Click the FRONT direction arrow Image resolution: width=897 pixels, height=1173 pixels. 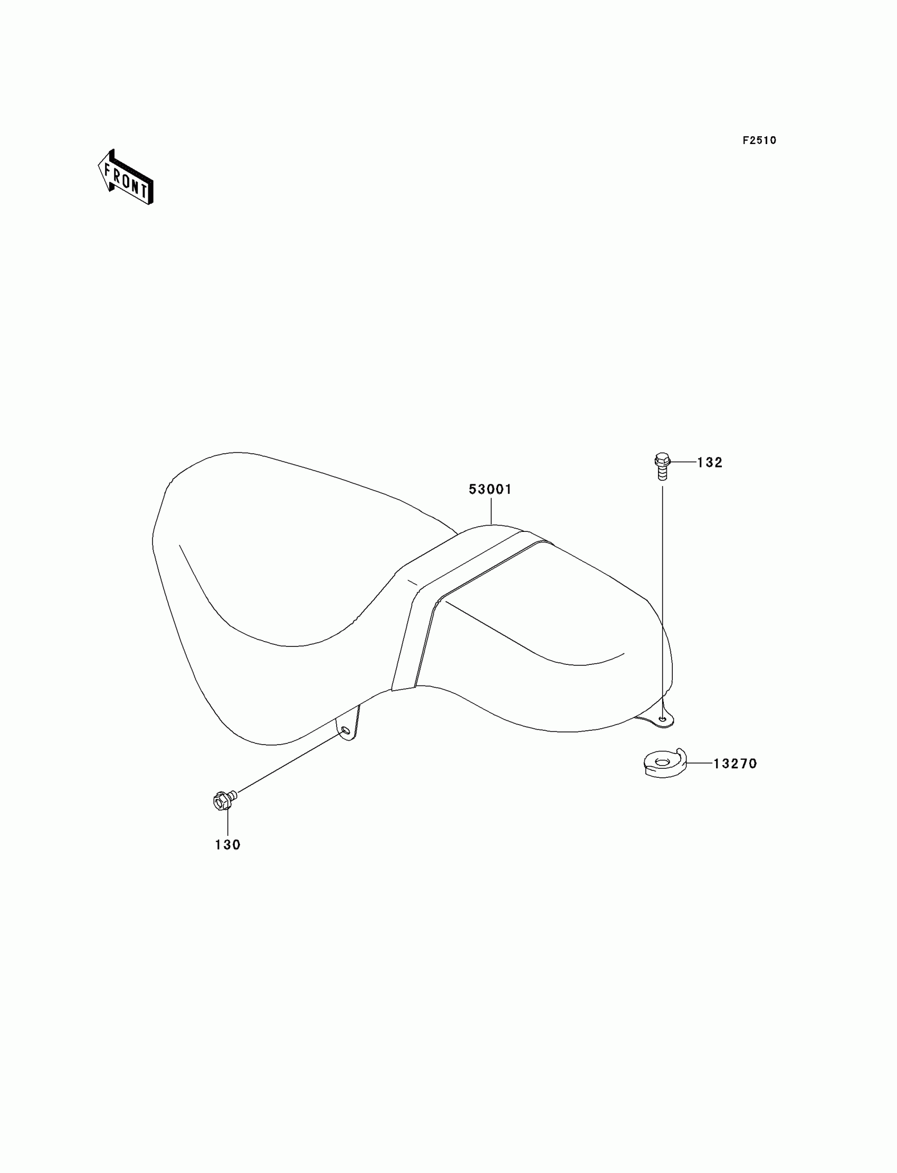tap(126, 178)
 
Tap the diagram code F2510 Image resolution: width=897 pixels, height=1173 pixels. tap(759, 140)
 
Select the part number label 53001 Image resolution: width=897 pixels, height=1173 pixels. tap(490, 489)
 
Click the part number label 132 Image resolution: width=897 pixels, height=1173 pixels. tap(710, 463)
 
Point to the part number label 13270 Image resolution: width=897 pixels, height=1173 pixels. tap(735, 764)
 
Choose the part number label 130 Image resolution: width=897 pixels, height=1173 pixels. tap(228, 845)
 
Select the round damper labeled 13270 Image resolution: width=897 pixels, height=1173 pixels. tap(664, 764)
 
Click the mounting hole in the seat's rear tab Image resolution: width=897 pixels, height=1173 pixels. tap(663, 720)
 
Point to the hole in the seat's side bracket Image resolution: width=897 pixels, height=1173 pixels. tap(345, 730)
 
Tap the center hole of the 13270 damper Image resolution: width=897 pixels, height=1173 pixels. tap(663, 761)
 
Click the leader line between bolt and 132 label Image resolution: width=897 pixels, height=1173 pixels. tap(683, 462)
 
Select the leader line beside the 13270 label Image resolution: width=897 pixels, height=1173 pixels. tap(700, 764)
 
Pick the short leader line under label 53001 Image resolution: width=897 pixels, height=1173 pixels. tap(491, 511)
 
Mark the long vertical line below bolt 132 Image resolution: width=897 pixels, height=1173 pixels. tap(663, 587)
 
